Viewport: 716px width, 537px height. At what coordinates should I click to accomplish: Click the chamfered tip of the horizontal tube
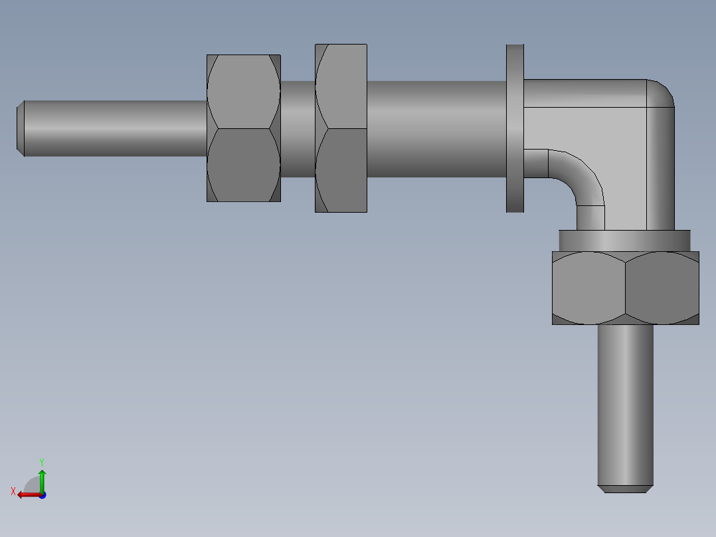[21, 128]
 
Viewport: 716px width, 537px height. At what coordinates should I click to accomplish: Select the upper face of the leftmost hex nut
[243, 92]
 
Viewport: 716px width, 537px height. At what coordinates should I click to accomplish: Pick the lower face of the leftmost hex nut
[243, 165]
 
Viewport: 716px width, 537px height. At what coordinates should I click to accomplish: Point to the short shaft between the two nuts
[298, 128]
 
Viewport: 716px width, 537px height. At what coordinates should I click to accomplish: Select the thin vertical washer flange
[515, 128]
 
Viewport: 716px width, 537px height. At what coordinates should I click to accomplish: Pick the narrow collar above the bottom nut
[624, 240]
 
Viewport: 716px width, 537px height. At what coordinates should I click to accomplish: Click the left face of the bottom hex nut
[588, 287]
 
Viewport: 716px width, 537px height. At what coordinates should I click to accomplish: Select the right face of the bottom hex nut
[662, 287]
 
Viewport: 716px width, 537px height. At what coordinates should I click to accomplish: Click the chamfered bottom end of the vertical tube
[625, 488]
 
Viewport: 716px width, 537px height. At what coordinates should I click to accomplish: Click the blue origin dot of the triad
[42, 494]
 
